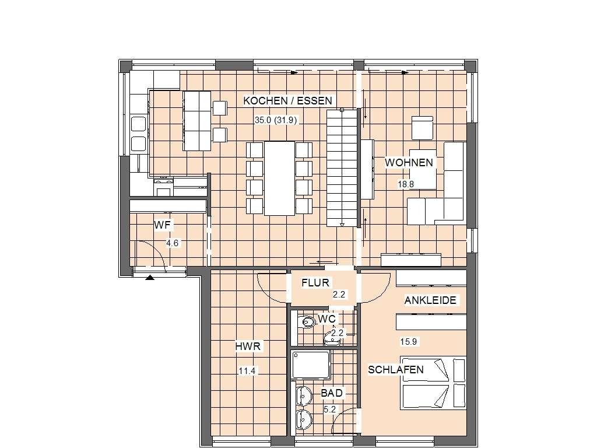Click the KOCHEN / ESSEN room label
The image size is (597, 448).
point(287,101)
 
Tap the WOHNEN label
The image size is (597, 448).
point(409,163)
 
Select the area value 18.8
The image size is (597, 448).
point(406,184)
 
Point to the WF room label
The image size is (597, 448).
point(162,225)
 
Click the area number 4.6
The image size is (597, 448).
point(173,243)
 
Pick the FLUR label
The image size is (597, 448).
point(315,283)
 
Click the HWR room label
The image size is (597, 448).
point(248,346)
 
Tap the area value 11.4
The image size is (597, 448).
point(247,370)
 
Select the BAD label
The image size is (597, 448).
point(332,393)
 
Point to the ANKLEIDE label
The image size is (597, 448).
point(430,300)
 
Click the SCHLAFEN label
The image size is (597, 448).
point(396,369)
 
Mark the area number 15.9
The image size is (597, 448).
point(408,342)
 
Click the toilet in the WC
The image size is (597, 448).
point(308,322)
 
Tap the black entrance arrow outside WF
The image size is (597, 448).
point(150,277)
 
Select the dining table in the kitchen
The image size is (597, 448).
point(279,178)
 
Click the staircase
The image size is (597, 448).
point(342,167)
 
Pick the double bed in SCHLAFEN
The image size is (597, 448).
point(433,383)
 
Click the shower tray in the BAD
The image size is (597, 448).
point(311,365)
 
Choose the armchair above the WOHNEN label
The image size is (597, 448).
point(422,128)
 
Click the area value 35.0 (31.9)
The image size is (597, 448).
point(276,120)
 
